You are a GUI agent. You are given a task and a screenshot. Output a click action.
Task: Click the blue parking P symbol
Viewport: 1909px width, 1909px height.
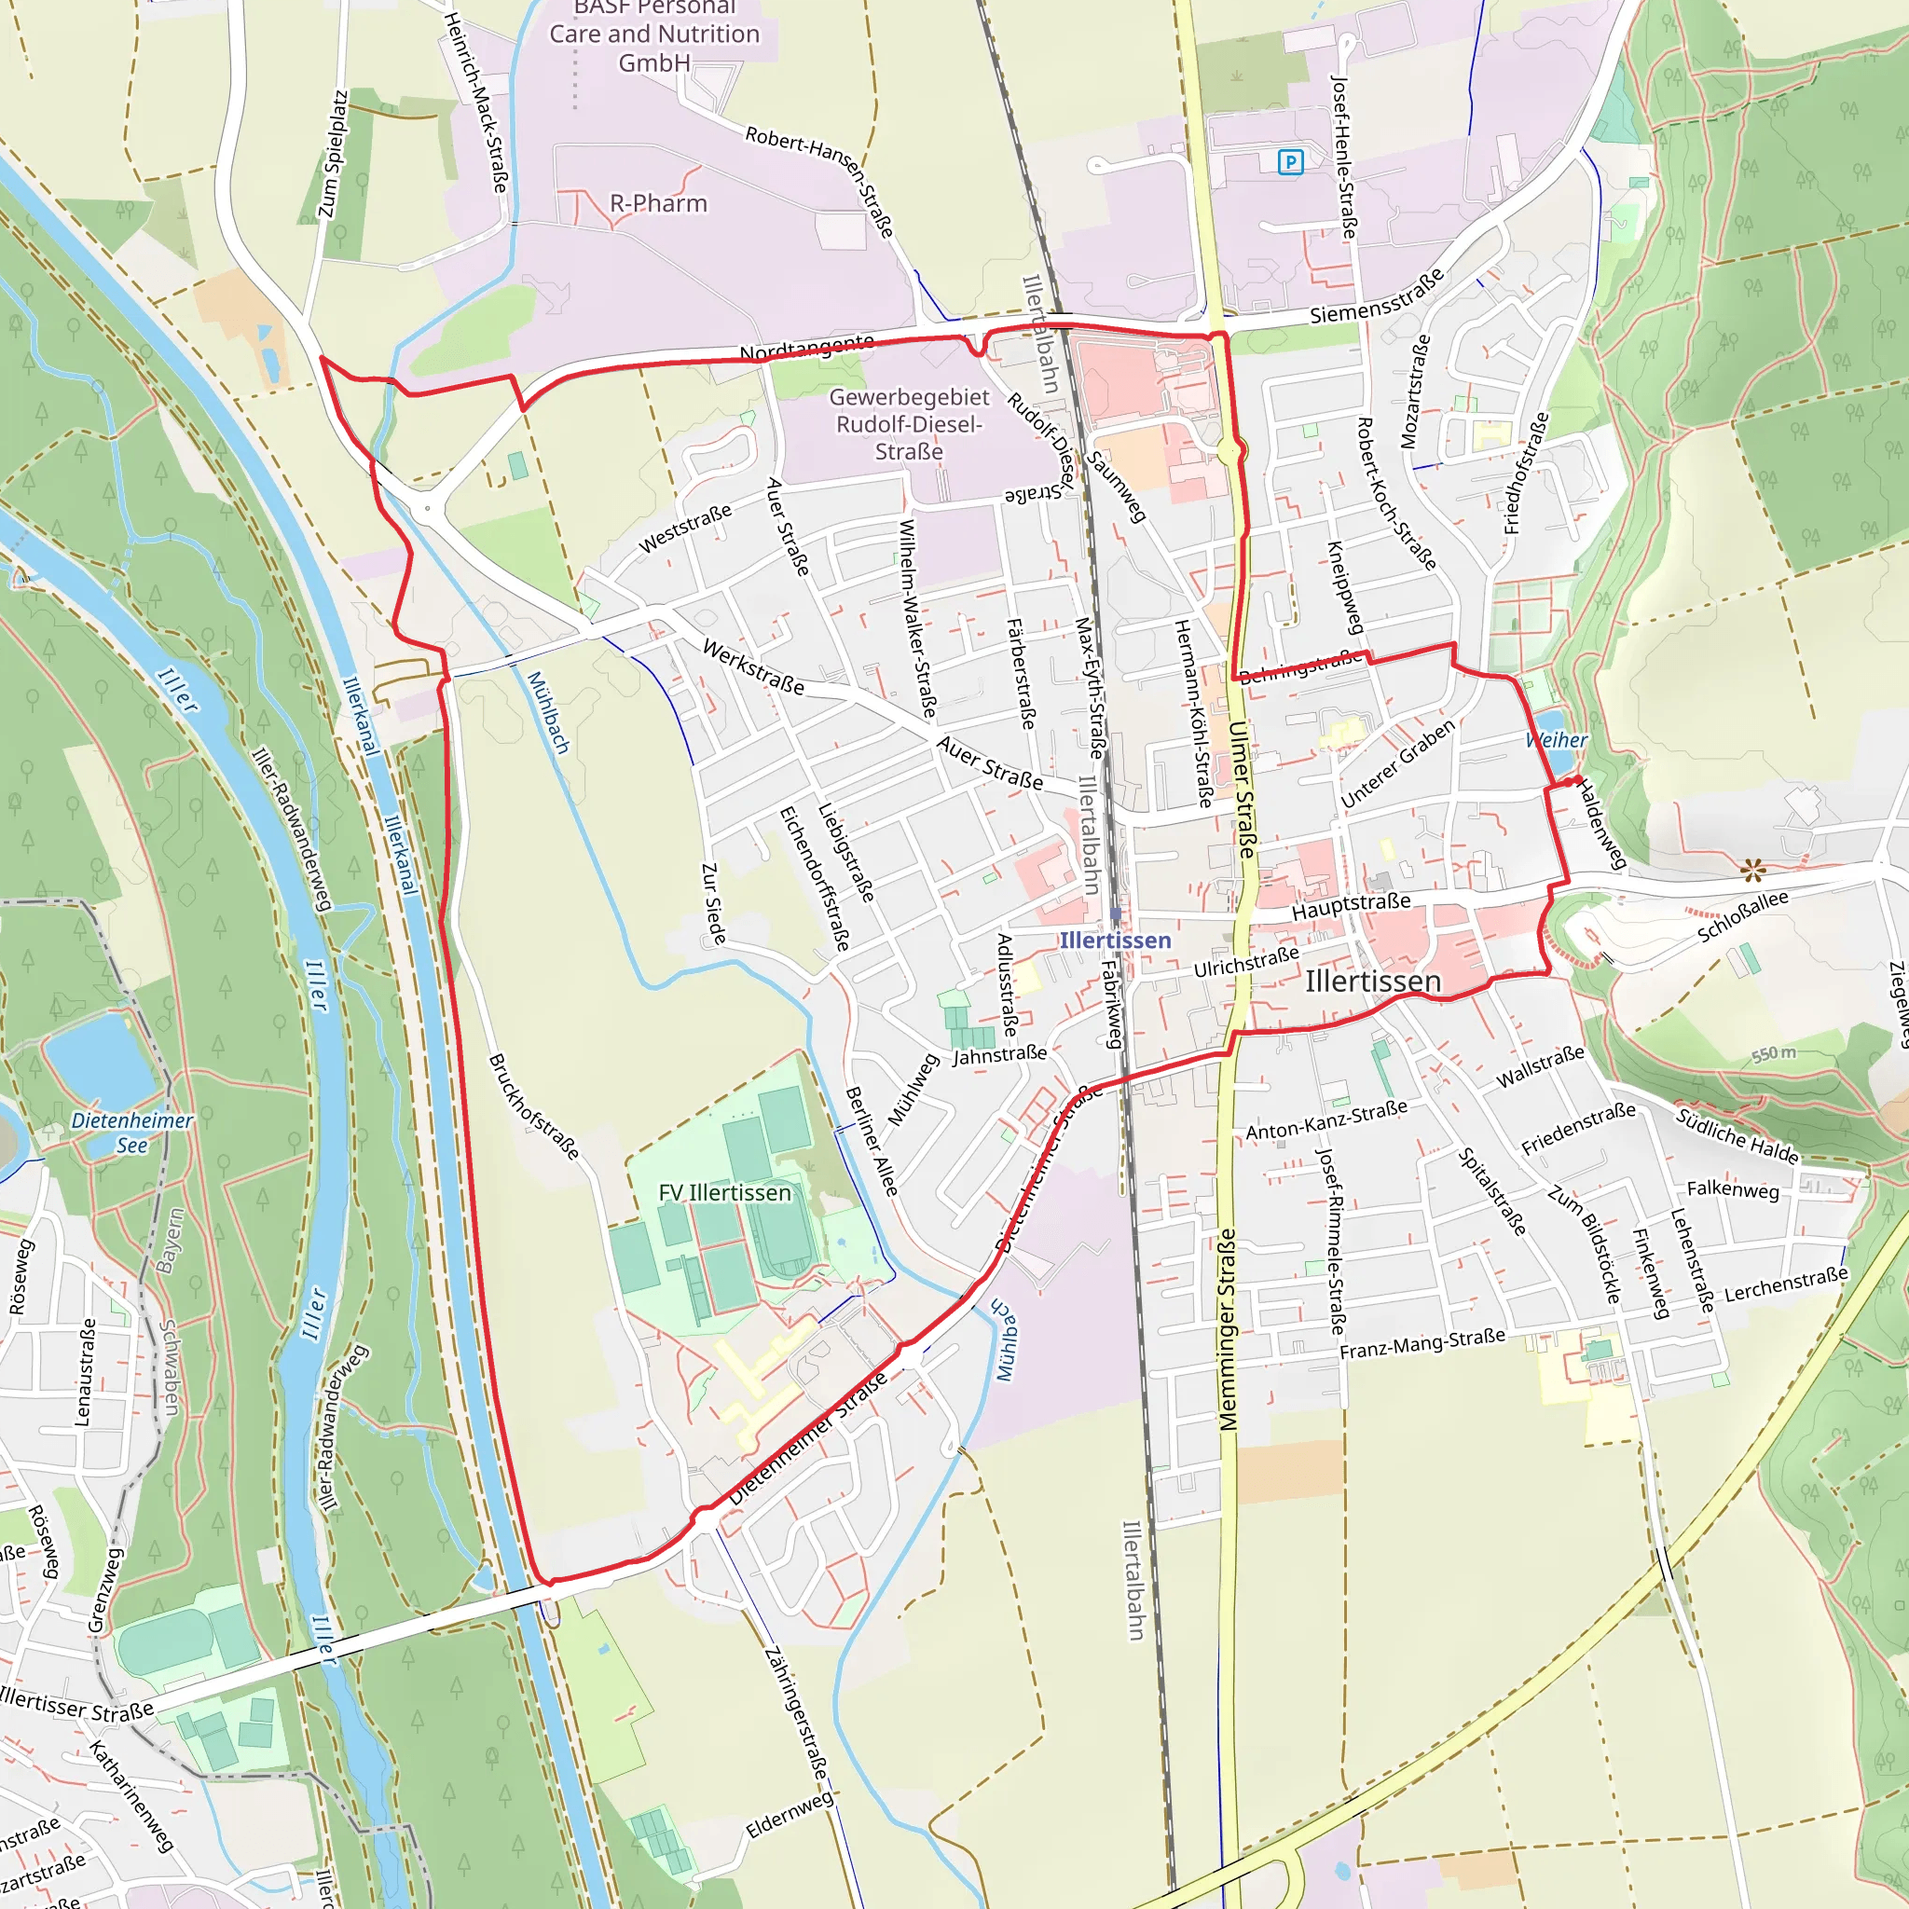pyautogui.click(x=1289, y=162)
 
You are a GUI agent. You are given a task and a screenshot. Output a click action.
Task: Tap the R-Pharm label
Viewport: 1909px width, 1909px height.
pyautogui.click(x=658, y=203)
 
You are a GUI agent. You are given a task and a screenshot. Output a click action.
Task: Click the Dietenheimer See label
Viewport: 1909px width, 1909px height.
pyautogui.click(x=132, y=1133)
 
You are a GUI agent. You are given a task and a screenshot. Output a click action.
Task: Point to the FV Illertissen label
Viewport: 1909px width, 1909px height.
pyautogui.click(x=724, y=1192)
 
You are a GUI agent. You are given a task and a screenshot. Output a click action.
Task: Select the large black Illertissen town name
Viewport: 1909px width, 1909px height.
pyautogui.click(x=1372, y=982)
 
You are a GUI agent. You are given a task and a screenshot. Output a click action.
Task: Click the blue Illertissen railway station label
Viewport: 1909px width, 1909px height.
pyautogui.click(x=1115, y=940)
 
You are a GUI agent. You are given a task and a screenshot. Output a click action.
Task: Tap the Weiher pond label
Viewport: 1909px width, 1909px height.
pyautogui.click(x=1557, y=740)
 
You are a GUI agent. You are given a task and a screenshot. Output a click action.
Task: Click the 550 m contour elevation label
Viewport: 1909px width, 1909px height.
pyautogui.click(x=1773, y=1053)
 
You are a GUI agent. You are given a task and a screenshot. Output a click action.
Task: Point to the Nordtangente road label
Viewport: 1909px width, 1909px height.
pyautogui.click(x=806, y=347)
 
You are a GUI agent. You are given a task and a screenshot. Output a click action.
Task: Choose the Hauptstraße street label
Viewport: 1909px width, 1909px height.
pyautogui.click(x=1351, y=906)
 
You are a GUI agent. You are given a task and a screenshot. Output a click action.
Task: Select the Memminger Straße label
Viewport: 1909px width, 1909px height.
pyautogui.click(x=1228, y=1329)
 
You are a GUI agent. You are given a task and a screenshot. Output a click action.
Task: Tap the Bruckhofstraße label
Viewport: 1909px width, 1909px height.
pyautogui.click(x=533, y=1106)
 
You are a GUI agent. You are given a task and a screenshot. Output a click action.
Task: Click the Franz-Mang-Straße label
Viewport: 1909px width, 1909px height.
pyautogui.click(x=1421, y=1343)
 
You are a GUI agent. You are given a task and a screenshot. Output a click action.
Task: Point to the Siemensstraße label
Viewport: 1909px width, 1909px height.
pyautogui.click(x=1377, y=296)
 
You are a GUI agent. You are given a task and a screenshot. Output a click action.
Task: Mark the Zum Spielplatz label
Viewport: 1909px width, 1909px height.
pyautogui.click(x=333, y=155)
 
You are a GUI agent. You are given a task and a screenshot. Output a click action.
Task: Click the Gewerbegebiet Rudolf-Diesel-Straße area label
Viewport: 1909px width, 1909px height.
pyautogui.click(x=908, y=424)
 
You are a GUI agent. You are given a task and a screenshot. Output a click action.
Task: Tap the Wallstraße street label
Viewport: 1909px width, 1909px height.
pyautogui.click(x=1540, y=1067)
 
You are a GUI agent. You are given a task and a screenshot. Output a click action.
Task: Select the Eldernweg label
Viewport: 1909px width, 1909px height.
pyautogui.click(x=790, y=1815)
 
